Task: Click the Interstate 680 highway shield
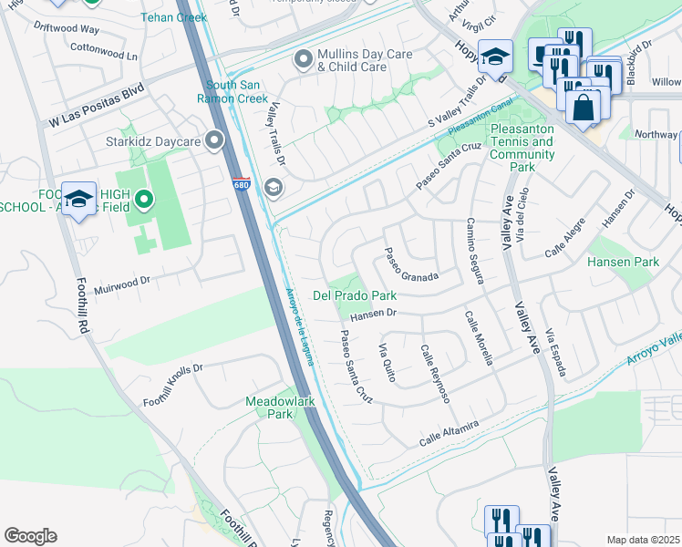[x=240, y=182]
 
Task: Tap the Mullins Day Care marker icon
[x=303, y=61]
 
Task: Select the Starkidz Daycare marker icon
[x=214, y=139]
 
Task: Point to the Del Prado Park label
[x=355, y=295]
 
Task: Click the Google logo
[x=30, y=536]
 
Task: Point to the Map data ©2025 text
[x=643, y=540]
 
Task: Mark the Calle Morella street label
[x=479, y=338]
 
